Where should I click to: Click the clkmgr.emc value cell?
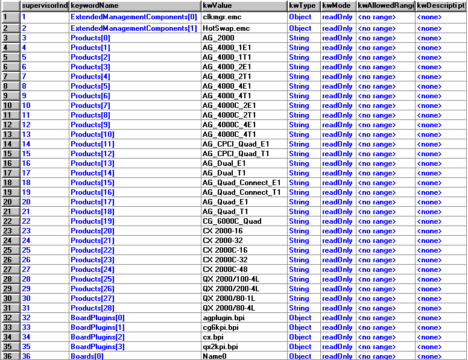point(218,17)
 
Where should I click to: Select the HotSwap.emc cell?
point(218,28)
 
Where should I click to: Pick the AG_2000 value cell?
point(218,38)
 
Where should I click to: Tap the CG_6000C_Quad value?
point(232,221)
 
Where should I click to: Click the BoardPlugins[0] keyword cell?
point(98,318)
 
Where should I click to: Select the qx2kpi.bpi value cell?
point(220,347)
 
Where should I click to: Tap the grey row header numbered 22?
point(10,221)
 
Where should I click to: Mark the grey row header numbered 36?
point(10,356)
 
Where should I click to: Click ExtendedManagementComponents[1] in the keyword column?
point(134,28)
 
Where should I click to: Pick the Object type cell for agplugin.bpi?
point(300,318)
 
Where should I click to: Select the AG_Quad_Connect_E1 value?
point(242,183)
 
